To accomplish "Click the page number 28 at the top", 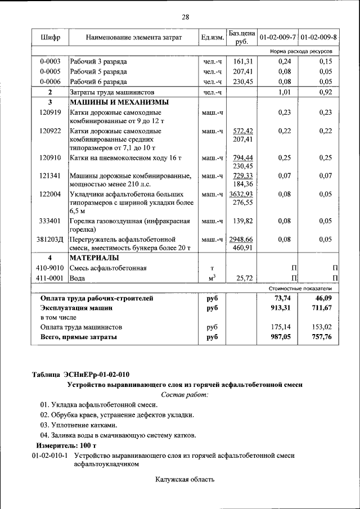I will coord(185,17).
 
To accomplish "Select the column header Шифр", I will coord(51,38).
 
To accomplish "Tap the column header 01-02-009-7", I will coord(277,38).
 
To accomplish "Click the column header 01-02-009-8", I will coord(319,38).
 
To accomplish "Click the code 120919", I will coord(50,112).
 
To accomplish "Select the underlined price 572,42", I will coord(242,130).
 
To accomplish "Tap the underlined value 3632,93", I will coord(242,194).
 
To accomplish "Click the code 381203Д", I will coord(51,240).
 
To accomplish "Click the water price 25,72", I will coord(242,278).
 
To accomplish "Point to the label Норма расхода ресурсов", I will coord(301,51).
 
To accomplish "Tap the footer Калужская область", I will coord(185,479).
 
